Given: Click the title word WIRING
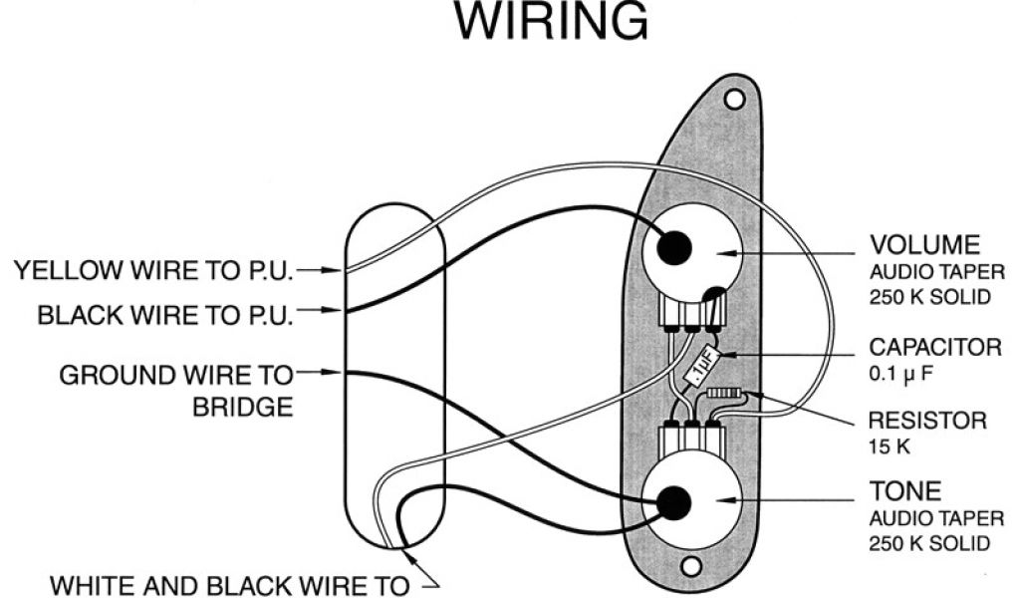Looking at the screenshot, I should click(x=551, y=22).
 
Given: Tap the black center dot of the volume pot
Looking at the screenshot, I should click(x=675, y=244).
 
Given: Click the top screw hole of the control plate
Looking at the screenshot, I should click(x=735, y=100).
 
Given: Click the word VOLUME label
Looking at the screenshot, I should click(x=925, y=245).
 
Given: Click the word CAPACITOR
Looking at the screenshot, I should click(x=935, y=348).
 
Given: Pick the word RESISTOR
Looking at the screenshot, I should click(x=927, y=421).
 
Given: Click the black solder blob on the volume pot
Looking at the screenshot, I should click(x=713, y=293).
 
